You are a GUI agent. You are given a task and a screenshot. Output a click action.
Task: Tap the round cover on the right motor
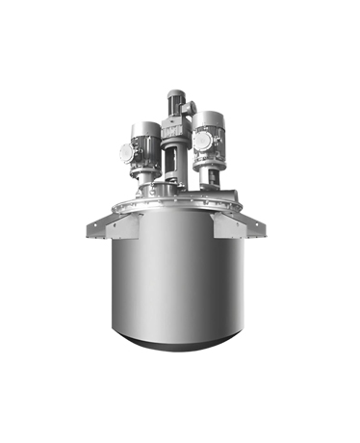tap(199, 141)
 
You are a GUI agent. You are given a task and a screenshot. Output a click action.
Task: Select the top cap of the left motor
tap(143, 126)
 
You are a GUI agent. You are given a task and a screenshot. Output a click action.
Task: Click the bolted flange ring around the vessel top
tap(178, 207)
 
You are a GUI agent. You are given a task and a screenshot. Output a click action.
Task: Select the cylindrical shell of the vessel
tap(178, 279)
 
